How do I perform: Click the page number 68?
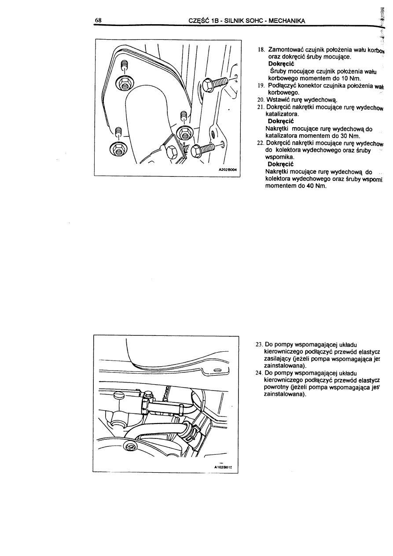click(99, 20)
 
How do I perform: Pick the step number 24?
click(259, 372)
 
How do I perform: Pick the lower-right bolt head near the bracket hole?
click(196, 150)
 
